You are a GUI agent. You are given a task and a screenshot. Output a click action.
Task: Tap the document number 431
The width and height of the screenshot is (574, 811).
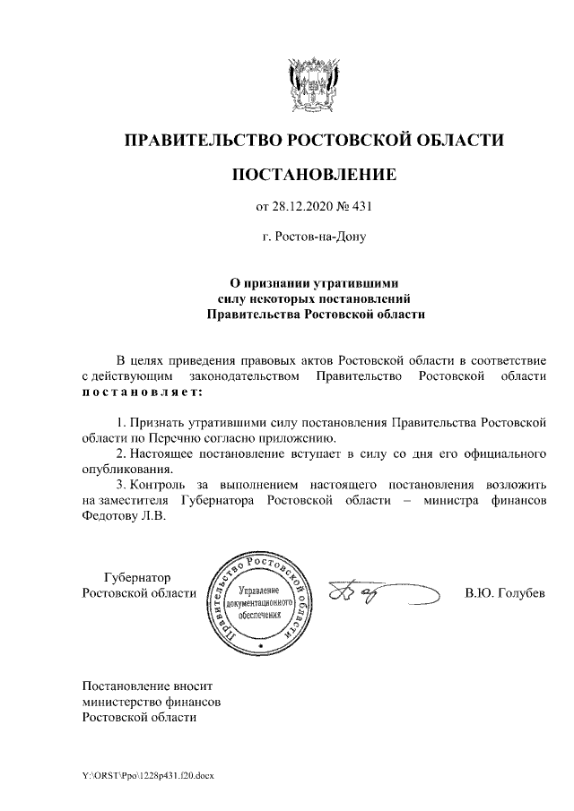click(x=360, y=208)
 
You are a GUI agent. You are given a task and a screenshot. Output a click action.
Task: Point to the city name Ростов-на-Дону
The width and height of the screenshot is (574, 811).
click(x=321, y=238)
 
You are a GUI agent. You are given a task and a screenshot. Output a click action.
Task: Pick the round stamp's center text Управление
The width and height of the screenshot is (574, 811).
click(x=260, y=591)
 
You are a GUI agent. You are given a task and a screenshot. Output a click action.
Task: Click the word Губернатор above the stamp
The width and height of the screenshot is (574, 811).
click(x=137, y=577)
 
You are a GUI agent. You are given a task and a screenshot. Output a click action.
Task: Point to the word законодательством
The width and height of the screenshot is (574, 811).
click(x=245, y=376)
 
